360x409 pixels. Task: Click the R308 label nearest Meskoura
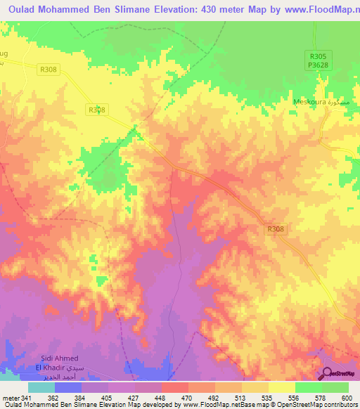(276, 228)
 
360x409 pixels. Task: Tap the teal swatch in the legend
(41, 387)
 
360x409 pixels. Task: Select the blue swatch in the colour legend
(67, 387)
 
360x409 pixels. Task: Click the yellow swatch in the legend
(281, 387)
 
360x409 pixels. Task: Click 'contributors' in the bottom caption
(341, 405)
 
